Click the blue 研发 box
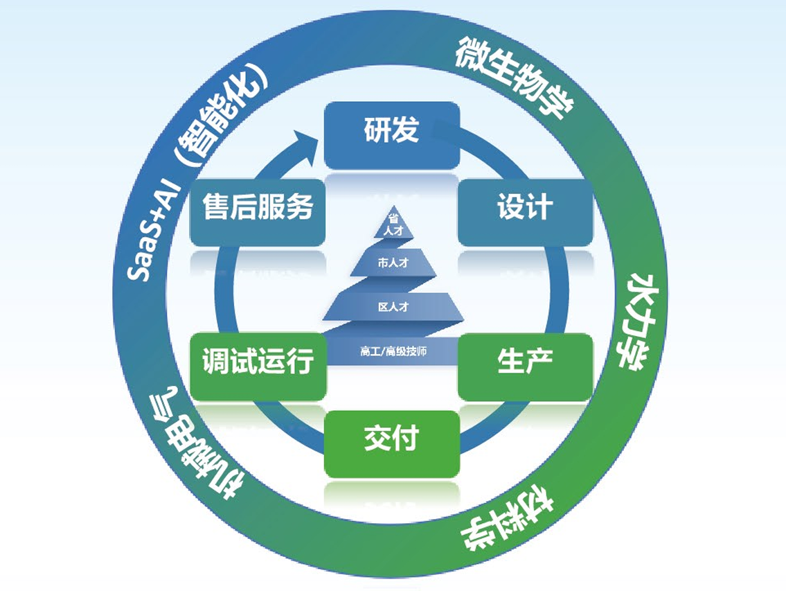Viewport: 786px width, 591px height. coord(392,134)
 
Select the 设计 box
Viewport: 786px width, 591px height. coord(526,210)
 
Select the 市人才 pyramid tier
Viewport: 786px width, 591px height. coord(393,263)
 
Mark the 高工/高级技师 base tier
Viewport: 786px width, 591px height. coord(394,351)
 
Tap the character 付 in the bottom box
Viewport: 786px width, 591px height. coord(407,439)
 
